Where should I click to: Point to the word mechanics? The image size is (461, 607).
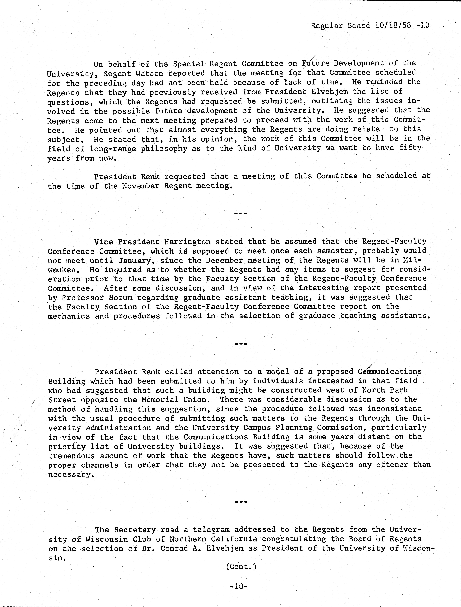[69, 316]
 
